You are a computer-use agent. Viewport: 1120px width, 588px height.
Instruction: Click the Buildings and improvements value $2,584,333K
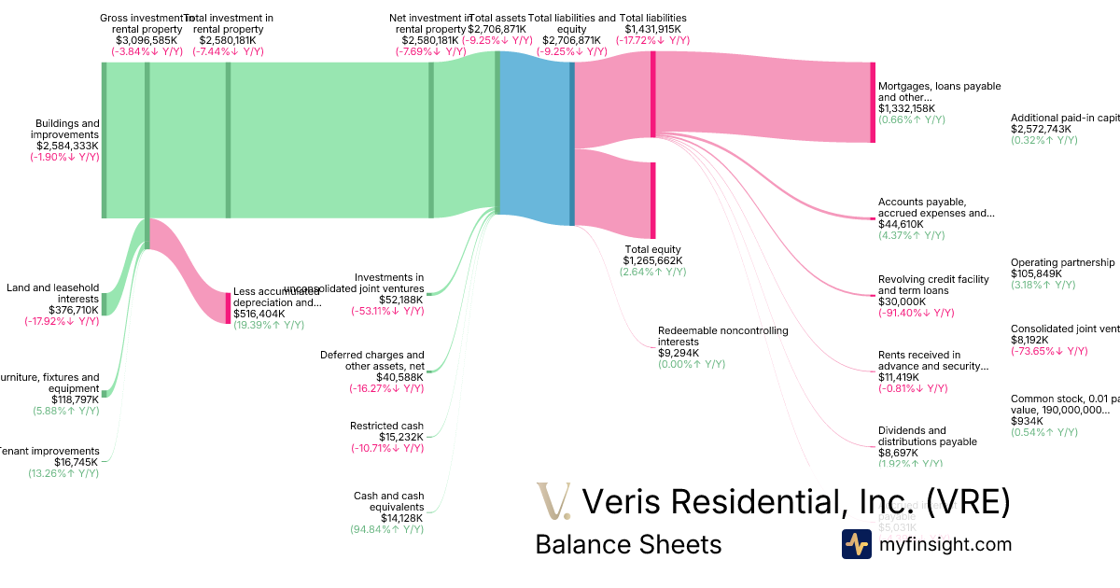(x=67, y=146)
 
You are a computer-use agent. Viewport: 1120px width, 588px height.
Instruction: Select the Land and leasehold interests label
(x=52, y=293)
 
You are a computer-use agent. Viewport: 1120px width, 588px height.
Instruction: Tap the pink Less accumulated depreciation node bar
(x=228, y=308)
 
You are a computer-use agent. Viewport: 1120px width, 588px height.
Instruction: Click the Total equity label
(x=653, y=249)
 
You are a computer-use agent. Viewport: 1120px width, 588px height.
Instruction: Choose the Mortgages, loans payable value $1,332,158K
(x=906, y=108)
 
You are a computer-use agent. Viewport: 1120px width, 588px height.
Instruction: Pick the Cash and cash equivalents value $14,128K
(x=401, y=518)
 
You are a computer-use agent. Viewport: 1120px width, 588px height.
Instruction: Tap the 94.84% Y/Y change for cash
(x=386, y=529)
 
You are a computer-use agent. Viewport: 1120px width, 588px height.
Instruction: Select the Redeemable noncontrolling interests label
(x=722, y=336)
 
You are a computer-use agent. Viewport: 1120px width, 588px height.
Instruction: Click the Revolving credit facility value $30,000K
(x=902, y=301)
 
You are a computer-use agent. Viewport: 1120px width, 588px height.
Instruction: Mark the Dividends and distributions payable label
(x=927, y=436)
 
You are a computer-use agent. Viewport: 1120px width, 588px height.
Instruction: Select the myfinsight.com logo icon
(x=856, y=544)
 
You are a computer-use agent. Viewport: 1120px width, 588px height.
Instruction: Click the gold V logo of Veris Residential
(x=553, y=501)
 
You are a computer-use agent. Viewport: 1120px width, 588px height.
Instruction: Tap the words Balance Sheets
(x=628, y=544)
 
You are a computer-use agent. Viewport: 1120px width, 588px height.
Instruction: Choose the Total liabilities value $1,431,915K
(x=653, y=29)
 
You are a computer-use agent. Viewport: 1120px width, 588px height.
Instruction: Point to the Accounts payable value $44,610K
(x=901, y=224)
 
